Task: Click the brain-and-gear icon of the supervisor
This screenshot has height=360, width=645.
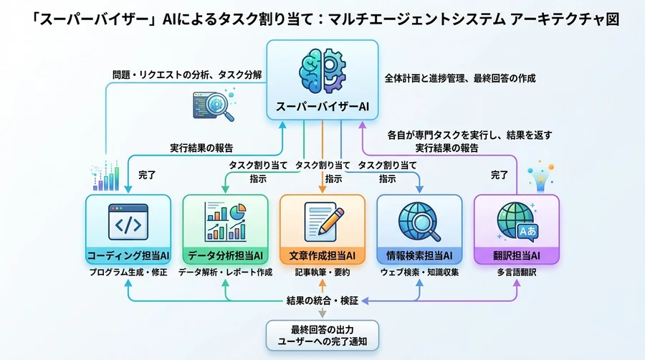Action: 322,70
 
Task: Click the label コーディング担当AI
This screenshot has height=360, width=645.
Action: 128,255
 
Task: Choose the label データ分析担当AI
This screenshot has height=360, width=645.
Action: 225,255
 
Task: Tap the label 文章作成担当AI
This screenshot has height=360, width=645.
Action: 322,255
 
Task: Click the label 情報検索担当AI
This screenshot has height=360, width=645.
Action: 419,255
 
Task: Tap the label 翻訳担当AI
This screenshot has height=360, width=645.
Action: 516,255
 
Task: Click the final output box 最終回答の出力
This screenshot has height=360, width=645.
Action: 322,334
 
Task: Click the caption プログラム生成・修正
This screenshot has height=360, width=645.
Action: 128,273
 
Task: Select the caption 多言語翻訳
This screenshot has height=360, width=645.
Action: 516,273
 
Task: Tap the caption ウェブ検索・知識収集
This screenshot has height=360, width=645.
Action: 419,273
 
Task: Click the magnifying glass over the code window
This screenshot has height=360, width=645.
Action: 216,106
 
